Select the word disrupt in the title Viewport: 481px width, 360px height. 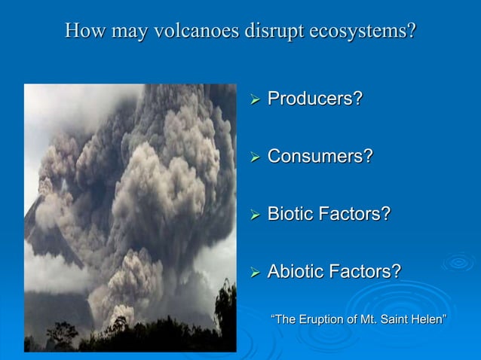coord(272,32)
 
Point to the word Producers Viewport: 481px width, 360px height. coord(315,99)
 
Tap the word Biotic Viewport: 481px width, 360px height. coord(293,214)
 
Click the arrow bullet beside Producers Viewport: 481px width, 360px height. coord(256,99)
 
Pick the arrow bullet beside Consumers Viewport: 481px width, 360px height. coord(256,157)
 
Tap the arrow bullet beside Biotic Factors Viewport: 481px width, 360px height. coord(256,215)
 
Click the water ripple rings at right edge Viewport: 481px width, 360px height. coord(458,262)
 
